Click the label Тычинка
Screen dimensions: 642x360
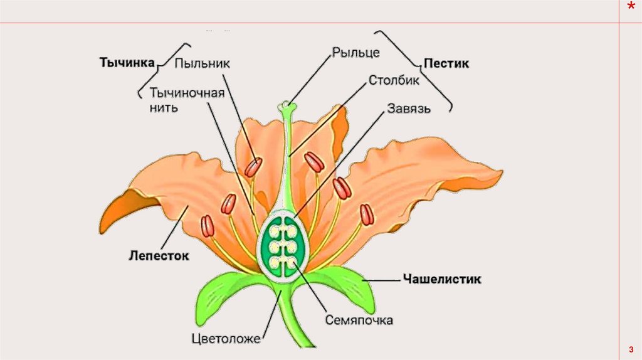(x=127, y=63)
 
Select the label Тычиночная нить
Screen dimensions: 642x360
(x=187, y=100)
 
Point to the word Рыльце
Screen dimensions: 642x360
(x=355, y=52)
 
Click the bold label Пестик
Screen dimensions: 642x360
(x=446, y=63)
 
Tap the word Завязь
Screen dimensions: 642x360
(x=408, y=109)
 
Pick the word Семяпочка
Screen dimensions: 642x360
(x=359, y=320)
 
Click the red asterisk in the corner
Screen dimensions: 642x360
(x=631, y=8)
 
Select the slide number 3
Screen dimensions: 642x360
(x=629, y=349)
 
